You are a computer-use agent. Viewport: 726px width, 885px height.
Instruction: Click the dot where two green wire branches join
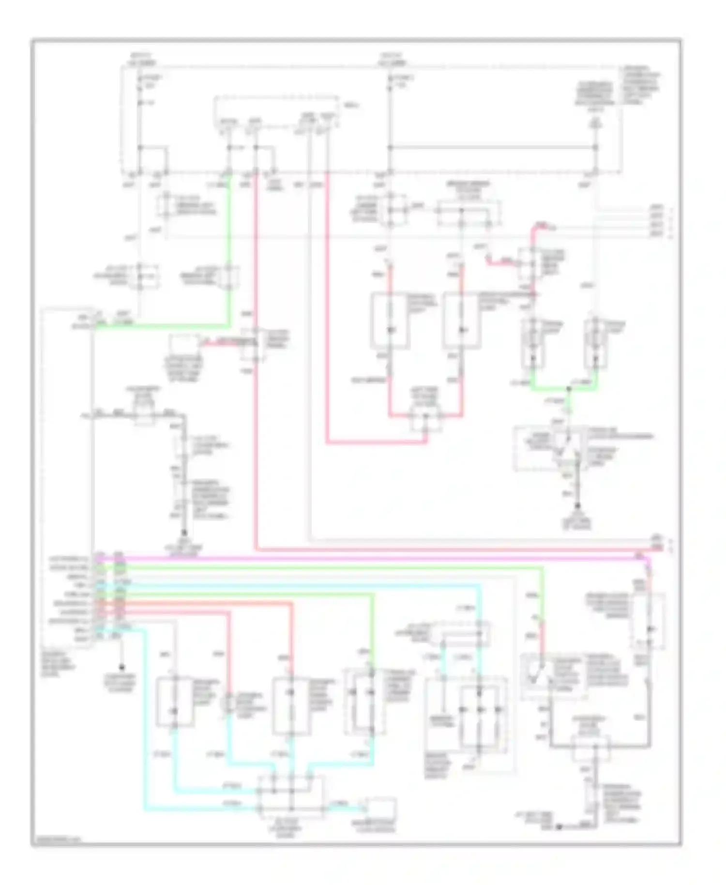point(569,389)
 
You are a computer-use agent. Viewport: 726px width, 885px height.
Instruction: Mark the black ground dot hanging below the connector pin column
point(121,667)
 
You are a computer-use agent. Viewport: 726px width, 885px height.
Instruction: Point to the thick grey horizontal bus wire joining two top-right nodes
point(491,147)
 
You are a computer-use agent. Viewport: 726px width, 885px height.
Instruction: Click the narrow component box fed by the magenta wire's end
point(649,622)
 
